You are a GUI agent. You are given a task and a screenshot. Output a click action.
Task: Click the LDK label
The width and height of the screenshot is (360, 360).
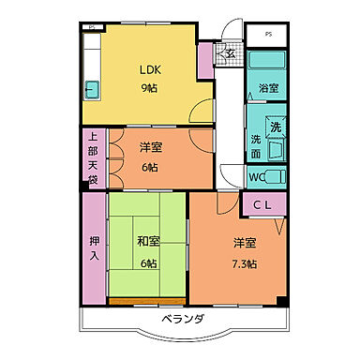pos(153,70)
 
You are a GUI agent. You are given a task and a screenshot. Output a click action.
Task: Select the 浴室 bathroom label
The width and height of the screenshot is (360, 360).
pos(268,90)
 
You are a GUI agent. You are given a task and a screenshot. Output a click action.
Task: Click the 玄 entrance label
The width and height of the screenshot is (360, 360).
pos(231,52)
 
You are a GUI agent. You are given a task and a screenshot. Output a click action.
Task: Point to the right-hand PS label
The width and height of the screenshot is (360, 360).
pos(269,36)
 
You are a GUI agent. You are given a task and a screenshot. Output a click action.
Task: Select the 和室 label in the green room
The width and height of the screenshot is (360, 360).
pos(149,241)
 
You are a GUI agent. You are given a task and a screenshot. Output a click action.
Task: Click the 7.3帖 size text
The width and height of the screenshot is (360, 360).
pos(245,262)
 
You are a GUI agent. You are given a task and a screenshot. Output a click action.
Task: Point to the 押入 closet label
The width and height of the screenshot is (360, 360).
pos(94,247)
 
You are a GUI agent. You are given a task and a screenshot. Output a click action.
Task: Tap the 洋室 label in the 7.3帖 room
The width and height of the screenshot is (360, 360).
pos(245,244)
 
